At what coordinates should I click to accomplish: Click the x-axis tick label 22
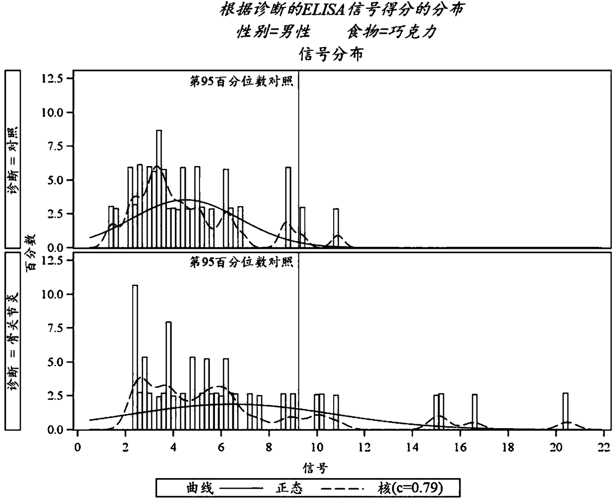tap(604, 447)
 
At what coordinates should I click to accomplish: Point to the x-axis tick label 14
tap(412, 447)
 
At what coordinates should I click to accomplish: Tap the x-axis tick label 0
tap(77, 447)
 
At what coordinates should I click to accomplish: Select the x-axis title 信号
tap(315, 468)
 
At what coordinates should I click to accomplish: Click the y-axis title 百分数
tap(31, 253)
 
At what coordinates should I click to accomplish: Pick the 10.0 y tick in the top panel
tap(52, 112)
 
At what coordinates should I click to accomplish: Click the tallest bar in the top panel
tap(159, 189)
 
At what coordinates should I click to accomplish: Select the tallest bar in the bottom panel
tap(135, 357)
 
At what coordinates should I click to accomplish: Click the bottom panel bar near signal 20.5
tap(565, 411)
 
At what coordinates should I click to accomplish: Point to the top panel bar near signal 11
tap(336, 228)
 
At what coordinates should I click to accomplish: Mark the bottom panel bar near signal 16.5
tap(474, 412)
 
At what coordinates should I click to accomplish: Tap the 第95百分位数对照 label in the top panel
tap(241, 81)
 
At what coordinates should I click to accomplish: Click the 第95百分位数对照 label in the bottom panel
tap(241, 262)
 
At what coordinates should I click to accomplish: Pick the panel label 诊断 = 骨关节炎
tap(13, 341)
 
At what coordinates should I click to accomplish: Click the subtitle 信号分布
tap(331, 54)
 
